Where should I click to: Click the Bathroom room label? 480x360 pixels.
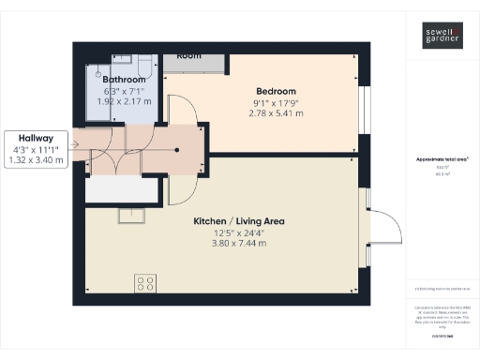(x=125, y=81)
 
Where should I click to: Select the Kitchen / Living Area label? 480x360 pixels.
(x=239, y=221)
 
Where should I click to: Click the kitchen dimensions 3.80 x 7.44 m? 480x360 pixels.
(x=239, y=244)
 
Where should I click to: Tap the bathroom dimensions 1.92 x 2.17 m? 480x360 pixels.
(x=125, y=101)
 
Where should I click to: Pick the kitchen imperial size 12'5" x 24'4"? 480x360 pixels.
(x=239, y=232)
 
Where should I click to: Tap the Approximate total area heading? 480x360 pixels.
(x=442, y=159)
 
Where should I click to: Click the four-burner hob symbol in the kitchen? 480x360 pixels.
(x=145, y=281)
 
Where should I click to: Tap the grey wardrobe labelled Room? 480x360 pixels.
(x=196, y=58)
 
